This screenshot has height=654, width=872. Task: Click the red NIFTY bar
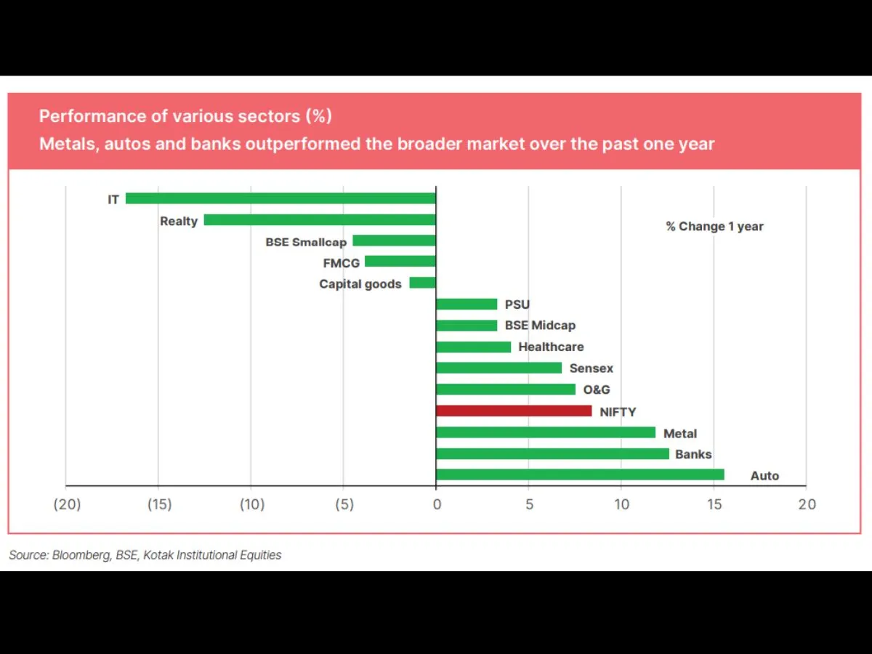(x=514, y=411)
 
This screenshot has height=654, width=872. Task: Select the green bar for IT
(x=280, y=198)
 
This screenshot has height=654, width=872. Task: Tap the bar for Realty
(x=320, y=219)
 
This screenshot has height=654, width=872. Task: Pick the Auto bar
(x=580, y=475)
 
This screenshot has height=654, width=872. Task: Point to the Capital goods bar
(x=423, y=283)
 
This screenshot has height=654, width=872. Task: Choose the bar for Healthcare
(x=473, y=347)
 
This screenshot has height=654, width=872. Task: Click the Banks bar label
(x=693, y=454)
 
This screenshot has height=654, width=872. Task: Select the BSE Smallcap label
(x=306, y=242)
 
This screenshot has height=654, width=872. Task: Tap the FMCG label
(x=342, y=263)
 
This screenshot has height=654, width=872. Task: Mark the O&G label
(x=597, y=389)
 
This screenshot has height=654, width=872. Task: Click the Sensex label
(x=592, y=368)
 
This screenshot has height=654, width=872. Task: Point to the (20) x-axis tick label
(x=66, y=504)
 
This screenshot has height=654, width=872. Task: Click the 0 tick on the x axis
(x=436, y=504)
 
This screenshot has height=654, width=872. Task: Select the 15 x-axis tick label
(x=714, y=504)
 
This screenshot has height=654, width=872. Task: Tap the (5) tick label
(x=344, y=504)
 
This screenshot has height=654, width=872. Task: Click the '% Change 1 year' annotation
(x=715, y=227)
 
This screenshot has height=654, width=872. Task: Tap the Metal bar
(x=546, y=432)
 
